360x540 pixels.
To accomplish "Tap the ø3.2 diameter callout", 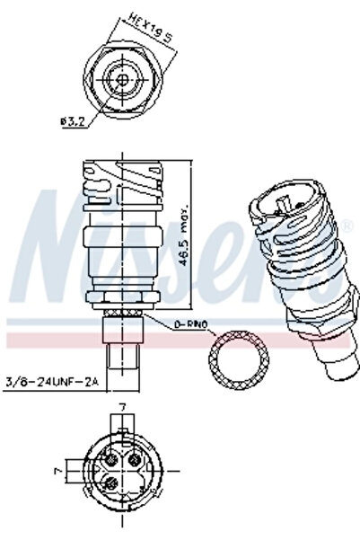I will (x=74, y=122).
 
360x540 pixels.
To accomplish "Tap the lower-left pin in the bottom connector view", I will (x=110, y=485).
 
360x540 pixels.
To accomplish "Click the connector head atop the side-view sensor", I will (x=122, y=189).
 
